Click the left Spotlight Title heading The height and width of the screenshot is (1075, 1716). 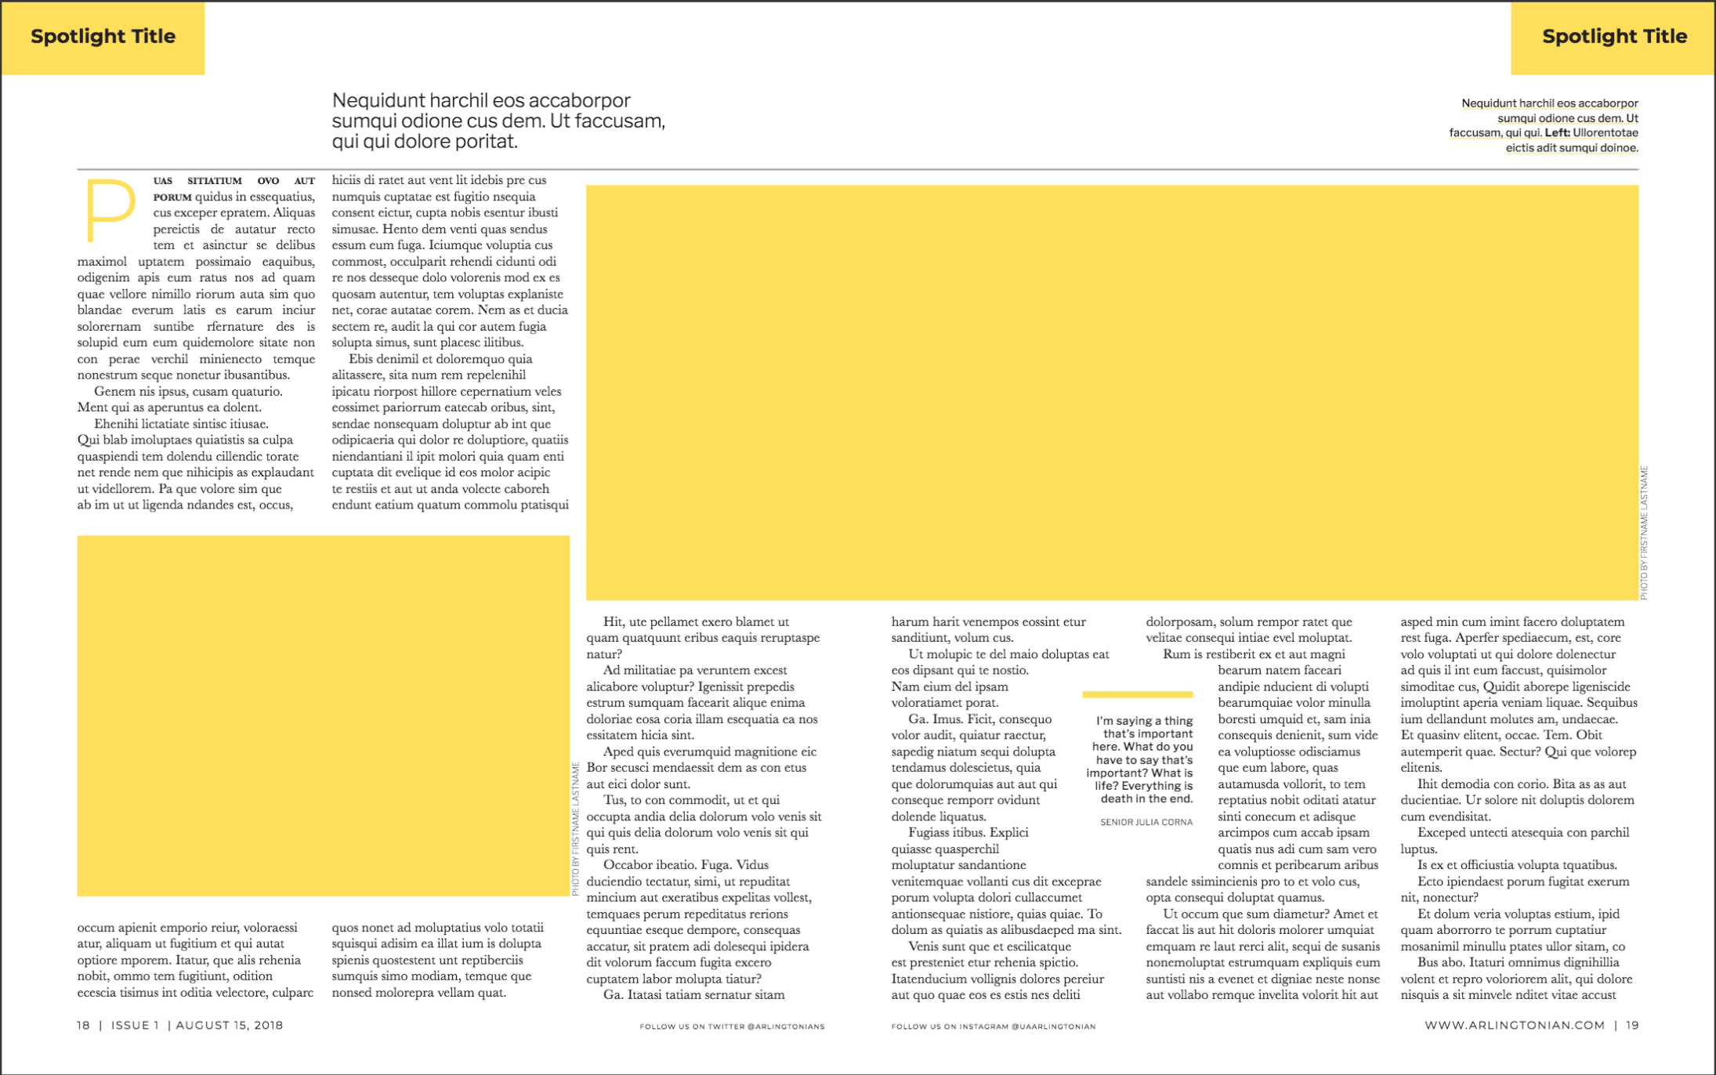pos(103,37)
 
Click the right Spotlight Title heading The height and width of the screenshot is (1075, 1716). pos(1614,37)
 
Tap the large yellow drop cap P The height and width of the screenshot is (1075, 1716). pos(110,210)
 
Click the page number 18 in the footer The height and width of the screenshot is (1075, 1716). pos(83,1025)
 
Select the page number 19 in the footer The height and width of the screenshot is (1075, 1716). pos(1632,1025)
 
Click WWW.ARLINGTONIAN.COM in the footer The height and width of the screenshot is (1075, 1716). pos(1514,1025)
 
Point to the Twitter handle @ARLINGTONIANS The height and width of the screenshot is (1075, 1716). pos(786,1026)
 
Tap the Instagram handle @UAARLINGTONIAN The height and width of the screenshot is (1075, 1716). pos(1053,1026)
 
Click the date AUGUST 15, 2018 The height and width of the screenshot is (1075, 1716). pos(229,1025)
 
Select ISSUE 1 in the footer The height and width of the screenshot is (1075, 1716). pos(135,1025)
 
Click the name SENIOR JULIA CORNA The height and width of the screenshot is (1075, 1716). pos(1146,822)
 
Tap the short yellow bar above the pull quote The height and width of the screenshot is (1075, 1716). pos(1137,694)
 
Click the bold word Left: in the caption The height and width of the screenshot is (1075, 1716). pos(1557,132)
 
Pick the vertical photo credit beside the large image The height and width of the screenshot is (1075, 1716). pos(1644,533)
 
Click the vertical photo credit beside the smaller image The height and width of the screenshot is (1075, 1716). pos(576,828)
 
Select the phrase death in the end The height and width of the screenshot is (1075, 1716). pos(1146,799)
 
